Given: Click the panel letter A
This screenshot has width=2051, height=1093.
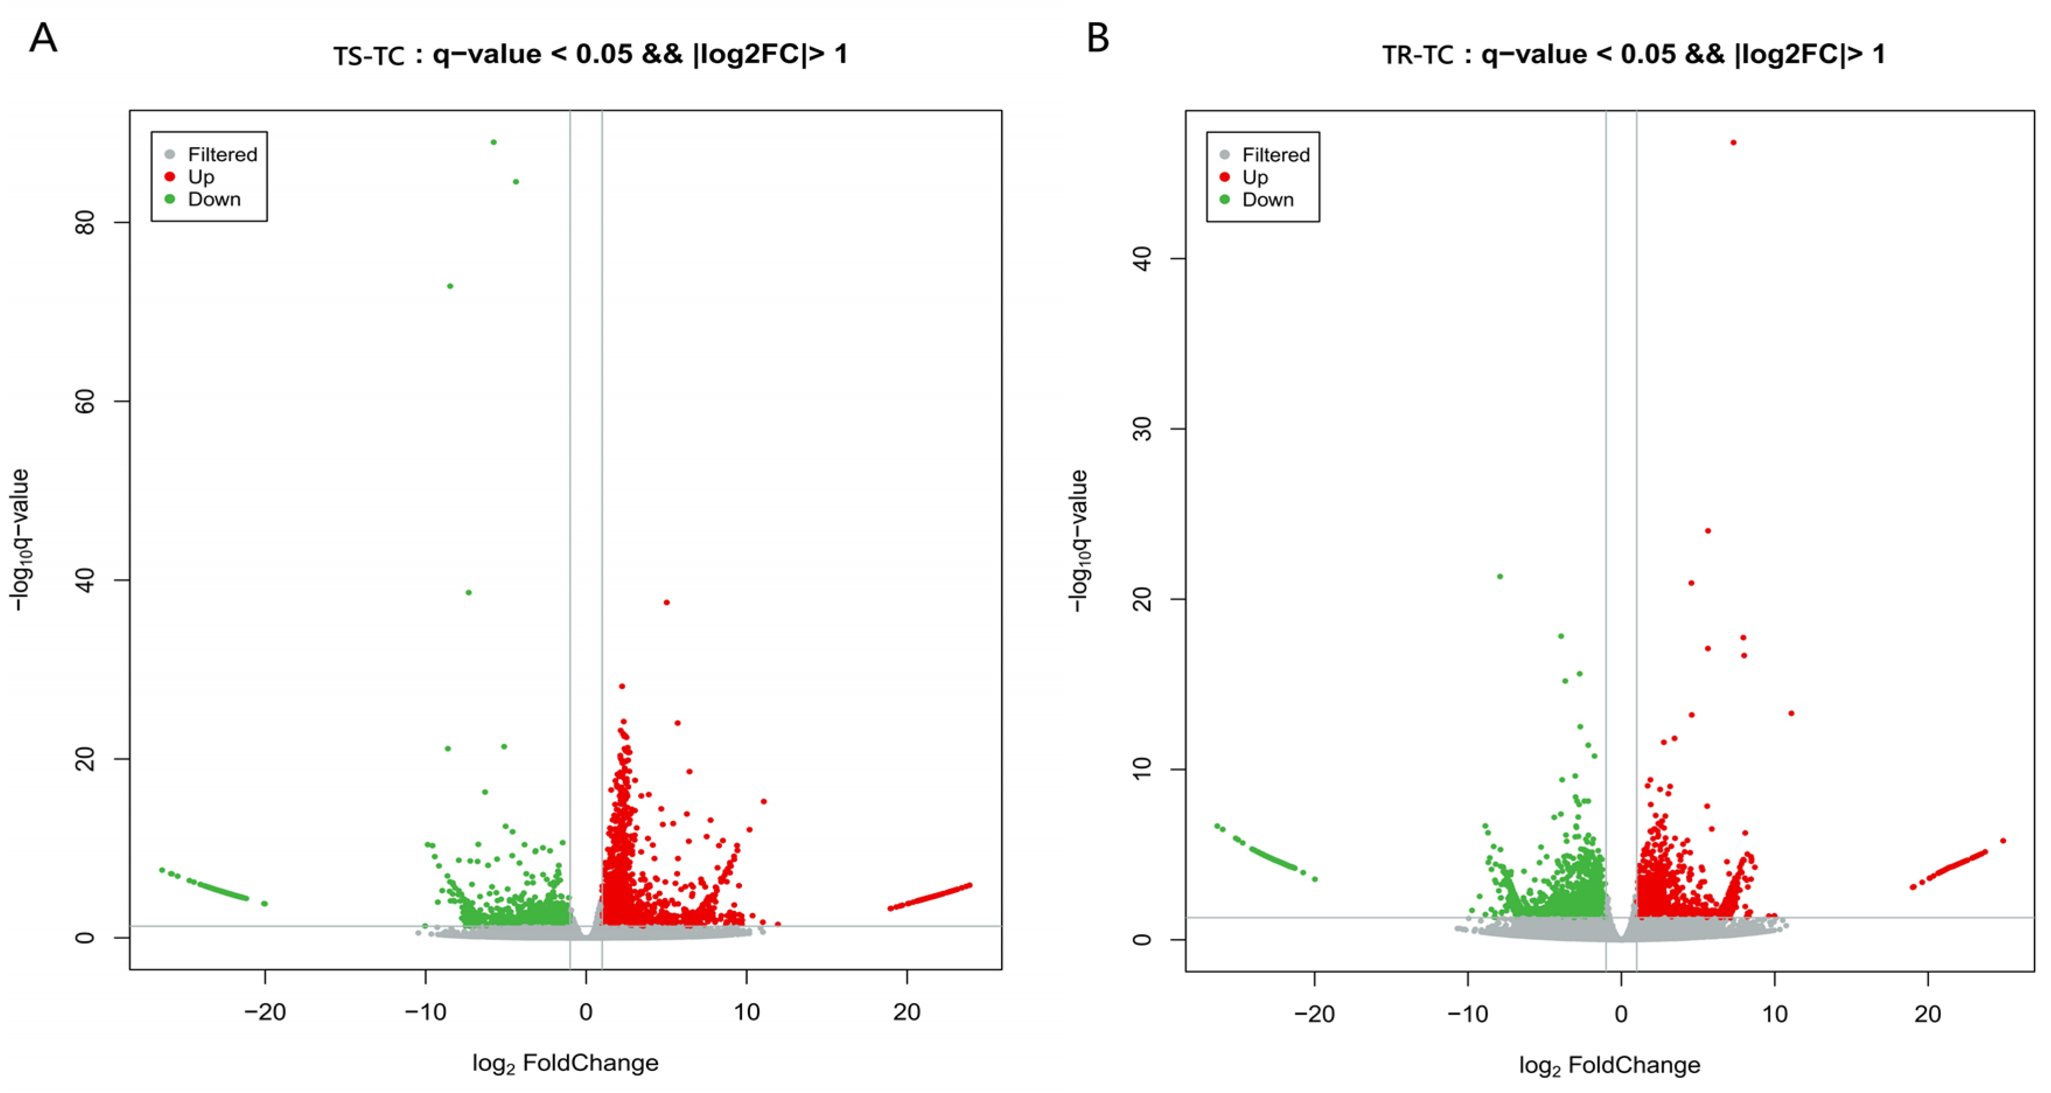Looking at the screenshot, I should [43, 39].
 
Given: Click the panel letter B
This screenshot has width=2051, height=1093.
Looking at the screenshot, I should [1098, 39].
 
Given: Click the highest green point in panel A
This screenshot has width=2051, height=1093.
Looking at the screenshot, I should [494, 142].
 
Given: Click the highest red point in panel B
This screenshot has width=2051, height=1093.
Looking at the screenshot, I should [1733, 142].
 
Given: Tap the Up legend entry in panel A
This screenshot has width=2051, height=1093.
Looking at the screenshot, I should [201, 177].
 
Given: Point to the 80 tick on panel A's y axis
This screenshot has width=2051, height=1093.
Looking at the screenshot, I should [86, 222].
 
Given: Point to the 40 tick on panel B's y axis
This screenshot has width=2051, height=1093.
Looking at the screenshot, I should [1143, 258].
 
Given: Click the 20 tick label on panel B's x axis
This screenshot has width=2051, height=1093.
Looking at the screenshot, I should [1927, 1014].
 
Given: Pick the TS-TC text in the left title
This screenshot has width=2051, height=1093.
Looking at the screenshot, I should [369, 57].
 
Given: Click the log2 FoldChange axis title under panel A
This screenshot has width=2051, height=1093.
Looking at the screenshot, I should [565, 1063].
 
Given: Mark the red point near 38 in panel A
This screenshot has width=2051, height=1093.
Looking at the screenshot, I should [666, 602].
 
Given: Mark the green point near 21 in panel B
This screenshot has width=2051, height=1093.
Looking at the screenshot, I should [1500, 576].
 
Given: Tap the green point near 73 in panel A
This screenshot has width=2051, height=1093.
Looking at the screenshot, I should [450, 286].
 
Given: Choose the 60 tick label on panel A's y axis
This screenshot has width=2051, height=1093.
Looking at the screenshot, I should [86, 401].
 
